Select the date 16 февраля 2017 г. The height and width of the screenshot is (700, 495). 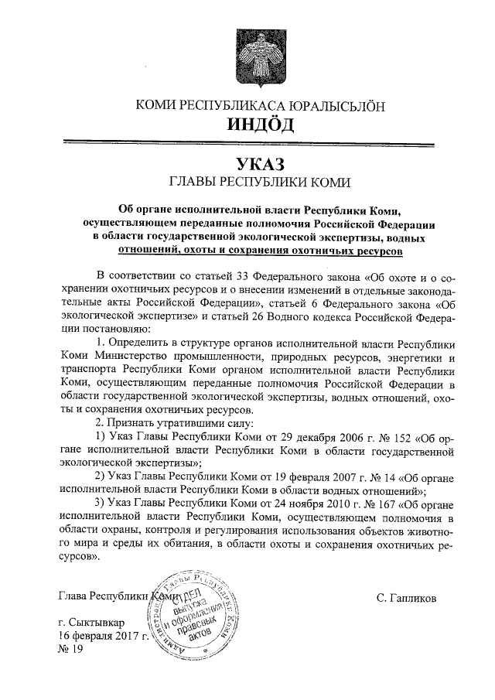click(x=103, y=635)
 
